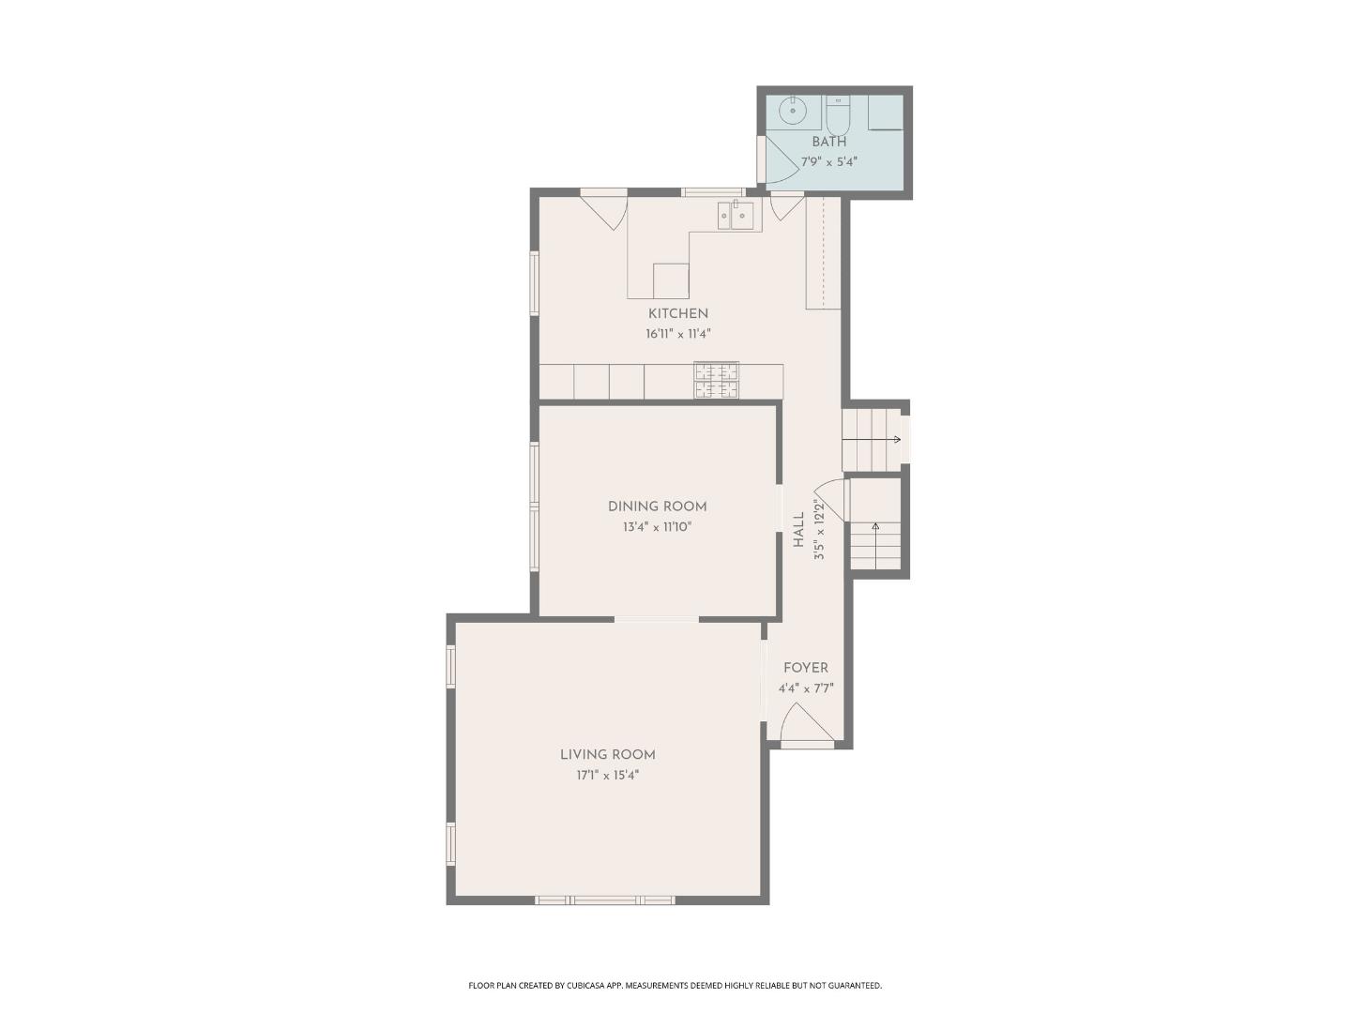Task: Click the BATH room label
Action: coord(828,142)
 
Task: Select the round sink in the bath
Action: coord(794,111)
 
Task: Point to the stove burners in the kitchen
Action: coord(716,380)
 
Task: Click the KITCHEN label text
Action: coord(677,313)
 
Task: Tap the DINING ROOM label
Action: coord(657,506)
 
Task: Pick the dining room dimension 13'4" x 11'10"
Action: coord(657,527)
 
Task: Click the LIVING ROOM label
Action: coord(607,755)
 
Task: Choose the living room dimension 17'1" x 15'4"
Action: coord(607,776)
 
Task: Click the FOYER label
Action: coord(805,668)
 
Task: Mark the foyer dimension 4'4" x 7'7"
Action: coord(805,688)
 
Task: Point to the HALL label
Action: coord(798,530)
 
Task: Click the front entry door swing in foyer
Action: coord(803,724)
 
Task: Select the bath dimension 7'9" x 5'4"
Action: coord(828,161)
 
